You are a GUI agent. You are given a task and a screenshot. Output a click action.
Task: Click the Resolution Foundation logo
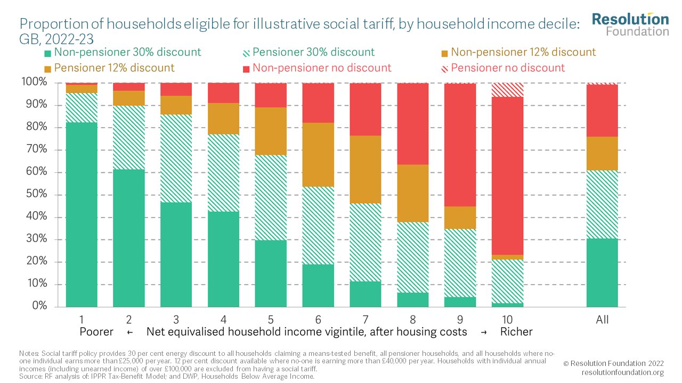pos(630,24)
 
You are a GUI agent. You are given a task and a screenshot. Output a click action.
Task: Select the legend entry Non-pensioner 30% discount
pos(123,52)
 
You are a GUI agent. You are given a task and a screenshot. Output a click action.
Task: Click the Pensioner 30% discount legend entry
pos(308,52)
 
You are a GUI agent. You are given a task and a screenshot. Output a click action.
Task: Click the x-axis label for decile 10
pos(508,320)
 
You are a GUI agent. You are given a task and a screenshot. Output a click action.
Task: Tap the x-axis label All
pos(602,320)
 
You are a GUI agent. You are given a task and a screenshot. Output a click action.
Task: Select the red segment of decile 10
pos(508,176)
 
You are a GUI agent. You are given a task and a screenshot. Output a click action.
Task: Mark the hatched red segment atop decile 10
pos(508,89)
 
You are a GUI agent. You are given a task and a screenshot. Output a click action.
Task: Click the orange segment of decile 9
pos(460,218)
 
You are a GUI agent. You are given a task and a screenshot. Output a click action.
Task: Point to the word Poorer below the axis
pos(96,332)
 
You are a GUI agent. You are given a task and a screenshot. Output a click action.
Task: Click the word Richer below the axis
pos(516,332)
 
